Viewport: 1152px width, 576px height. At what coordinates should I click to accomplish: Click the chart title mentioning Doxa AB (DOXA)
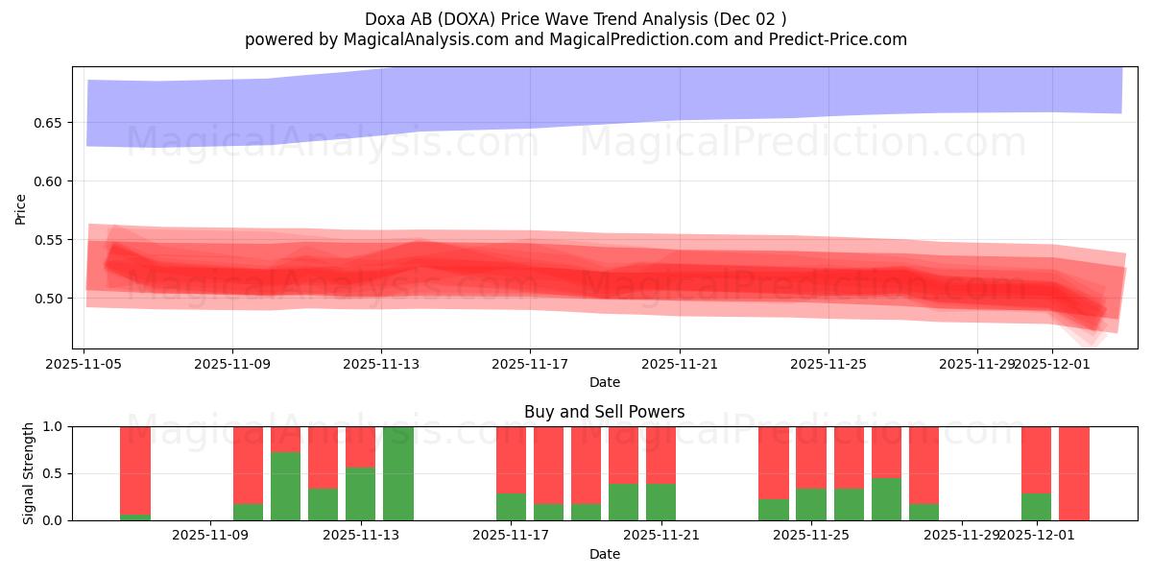coord(575,19)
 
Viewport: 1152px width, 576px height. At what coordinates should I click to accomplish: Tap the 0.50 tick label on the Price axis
coord(47,299)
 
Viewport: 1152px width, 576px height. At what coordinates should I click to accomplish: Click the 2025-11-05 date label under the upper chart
coord(84,365)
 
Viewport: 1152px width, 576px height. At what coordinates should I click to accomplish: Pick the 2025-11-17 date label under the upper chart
coord(530,365)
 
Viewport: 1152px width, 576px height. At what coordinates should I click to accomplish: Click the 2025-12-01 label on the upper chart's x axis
coord(1051,365)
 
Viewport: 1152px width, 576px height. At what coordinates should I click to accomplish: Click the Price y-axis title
coord(21,208)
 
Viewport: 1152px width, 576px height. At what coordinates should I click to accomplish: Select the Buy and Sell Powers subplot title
coord(604,412)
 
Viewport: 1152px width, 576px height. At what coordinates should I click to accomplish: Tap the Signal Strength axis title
coord(29,472)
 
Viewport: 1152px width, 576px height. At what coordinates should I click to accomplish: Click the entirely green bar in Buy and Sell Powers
coord(397,473)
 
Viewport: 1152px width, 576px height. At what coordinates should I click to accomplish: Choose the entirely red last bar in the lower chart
coord(1073,473)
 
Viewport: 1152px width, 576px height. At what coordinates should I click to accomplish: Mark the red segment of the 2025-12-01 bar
coord(1036,459)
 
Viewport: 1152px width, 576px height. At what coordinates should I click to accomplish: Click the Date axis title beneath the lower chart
coord(604,554)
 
